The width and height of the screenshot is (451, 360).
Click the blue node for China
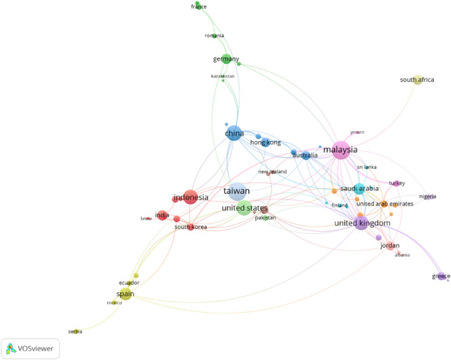tap(233, 133)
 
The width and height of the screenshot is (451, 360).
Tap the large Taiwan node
tap(235, 191)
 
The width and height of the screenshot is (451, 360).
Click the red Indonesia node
tap(191, 197)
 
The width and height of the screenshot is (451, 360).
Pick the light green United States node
tap(244, 208)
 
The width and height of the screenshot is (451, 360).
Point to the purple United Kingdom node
tap(361, 223)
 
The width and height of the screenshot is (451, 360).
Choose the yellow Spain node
tap(126, 293)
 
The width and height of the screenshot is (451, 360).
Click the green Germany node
tap(226, 59)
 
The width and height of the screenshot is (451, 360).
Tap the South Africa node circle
tap(418, 81)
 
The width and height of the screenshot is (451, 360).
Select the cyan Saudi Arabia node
tap(359, 188)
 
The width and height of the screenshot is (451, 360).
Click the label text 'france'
tap(198, 7)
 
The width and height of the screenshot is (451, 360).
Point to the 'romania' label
tap(214, 35)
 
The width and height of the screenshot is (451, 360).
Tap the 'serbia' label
tap(75, 331)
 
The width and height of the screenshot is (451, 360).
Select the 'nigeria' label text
tap(427, 196)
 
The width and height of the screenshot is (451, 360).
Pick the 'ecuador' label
tap(129, 283)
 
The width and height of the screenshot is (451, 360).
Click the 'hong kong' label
tap(264, 142)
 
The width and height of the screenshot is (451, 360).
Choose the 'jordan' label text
tap(389, 246)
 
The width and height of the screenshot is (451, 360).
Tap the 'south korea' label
tap(190, 227)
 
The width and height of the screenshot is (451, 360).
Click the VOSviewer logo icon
tap(12, 347)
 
